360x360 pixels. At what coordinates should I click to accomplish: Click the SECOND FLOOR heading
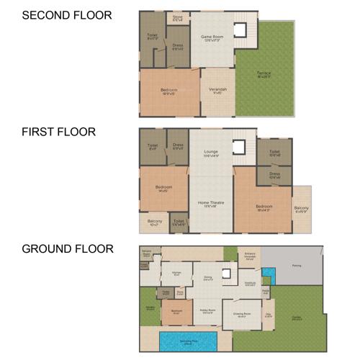point(67,14)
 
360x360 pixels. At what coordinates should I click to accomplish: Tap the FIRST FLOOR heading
point(58,132)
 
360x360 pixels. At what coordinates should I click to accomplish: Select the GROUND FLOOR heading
point(68,249)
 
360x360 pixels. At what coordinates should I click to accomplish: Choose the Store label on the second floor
point(177,18)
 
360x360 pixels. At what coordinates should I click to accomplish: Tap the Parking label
point(296,265)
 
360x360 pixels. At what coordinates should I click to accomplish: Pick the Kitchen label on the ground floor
point(176,273)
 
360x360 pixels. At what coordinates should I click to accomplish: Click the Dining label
point(207,277)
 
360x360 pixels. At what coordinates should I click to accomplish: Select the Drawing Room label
point(242,315)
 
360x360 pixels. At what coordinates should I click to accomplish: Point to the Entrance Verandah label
point(250,256)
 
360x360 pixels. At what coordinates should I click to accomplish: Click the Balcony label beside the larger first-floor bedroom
point(301,210)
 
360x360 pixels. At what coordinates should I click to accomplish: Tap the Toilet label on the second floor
point(152,35)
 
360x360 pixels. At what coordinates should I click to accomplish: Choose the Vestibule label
point(250,284)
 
